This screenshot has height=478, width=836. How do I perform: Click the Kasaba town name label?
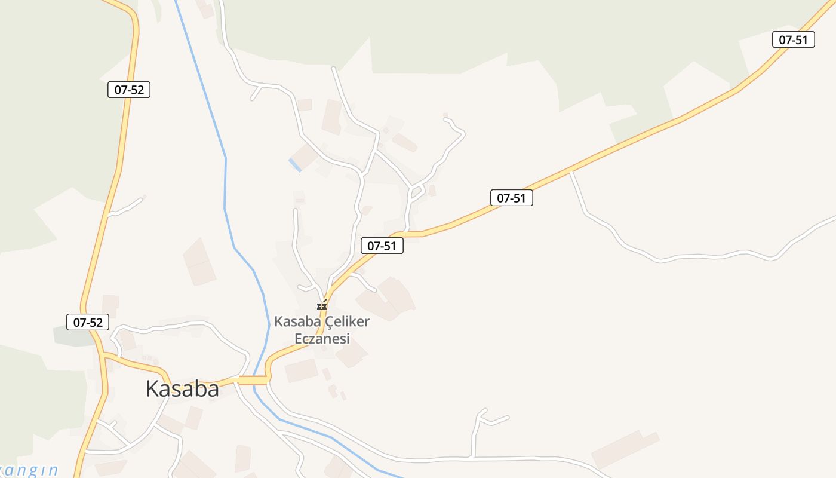[182, 388]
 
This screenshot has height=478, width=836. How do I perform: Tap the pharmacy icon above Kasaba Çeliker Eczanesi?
[322, 305]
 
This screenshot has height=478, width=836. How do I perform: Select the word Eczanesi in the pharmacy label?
[322, 339]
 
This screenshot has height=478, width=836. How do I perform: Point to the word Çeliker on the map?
[347, 321]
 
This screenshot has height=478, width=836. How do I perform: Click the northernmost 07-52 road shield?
[129, 90]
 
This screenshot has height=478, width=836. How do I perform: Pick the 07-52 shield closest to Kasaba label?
[88, 322]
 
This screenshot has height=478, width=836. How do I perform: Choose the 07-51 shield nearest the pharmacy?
[382, 246]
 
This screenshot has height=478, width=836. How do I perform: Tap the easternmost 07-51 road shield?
[793, 39]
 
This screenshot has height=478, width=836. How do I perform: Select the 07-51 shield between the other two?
[511, 198]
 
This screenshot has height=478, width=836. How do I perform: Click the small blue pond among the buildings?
[295, 165]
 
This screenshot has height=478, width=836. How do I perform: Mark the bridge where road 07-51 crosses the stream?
[254, 380]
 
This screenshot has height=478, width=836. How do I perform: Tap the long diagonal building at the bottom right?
[625, 449]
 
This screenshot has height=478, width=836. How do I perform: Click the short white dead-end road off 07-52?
[126, 206]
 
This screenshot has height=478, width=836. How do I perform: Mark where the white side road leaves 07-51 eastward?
[571, 173]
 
